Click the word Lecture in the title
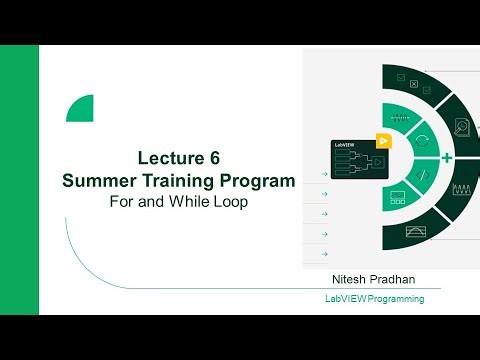click(x=169, y=158)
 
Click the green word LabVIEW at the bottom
click(x=346, y=299)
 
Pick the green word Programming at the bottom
click(x=396, y=299)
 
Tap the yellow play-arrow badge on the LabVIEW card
click(x=381, y=140)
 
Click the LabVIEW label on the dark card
click(x=346, y=147)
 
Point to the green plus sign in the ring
click(x=447, y=158)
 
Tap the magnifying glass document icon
click(x=462, y=127)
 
